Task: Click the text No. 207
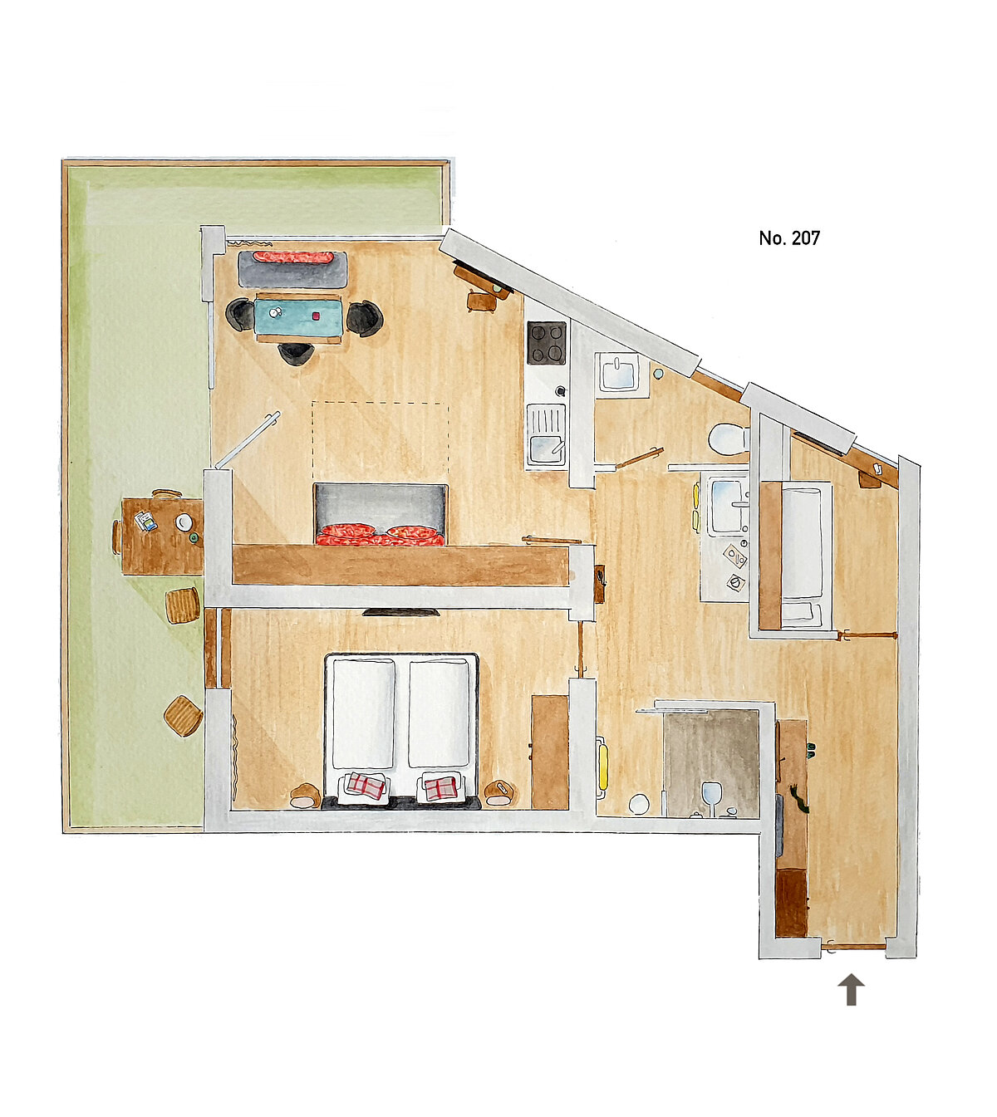789,238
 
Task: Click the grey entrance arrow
851,989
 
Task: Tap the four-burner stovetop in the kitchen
546,343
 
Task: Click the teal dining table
298,316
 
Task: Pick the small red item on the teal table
317,316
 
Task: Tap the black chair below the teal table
296,354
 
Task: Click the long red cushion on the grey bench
293,257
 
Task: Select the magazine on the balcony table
145,521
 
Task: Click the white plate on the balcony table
184,522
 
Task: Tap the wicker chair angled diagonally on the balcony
183,716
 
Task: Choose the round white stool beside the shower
639,804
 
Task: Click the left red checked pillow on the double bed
366,785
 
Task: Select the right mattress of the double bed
439,713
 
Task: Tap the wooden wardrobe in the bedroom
549,752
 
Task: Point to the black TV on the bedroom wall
401,611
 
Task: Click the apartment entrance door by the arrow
853,946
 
